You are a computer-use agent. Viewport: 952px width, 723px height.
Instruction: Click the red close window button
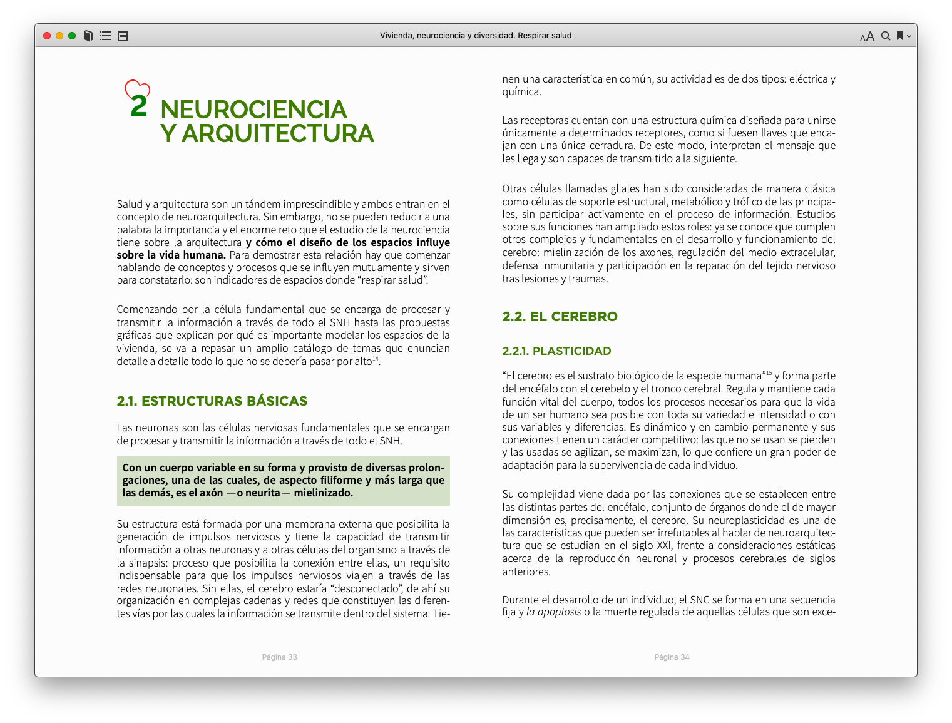tap(47, 36)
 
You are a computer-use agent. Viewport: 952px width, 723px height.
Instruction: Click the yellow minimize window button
tap(59, 36)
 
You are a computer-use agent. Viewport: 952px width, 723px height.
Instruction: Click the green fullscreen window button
tap(72, 36)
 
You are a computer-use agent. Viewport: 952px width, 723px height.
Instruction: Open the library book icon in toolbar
tap(88, 36)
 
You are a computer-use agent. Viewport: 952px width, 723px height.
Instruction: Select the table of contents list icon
tap(106, 36)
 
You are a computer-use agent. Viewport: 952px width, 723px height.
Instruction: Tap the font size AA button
tap(867, 36)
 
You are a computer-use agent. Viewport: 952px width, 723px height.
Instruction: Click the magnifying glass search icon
tap(886, 36)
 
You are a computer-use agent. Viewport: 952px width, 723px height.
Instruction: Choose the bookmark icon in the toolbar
tap(899, 36)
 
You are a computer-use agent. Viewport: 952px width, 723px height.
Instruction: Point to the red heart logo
tap(137, 89)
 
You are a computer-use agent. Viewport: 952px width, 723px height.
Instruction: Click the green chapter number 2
tap(138, 106)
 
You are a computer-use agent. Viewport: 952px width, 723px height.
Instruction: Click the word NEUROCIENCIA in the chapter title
tap(253, 110)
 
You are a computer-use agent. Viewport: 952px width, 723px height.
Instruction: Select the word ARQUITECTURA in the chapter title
tap(277, 133)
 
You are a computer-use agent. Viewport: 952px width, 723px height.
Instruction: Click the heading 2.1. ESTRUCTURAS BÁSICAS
tap(212, 401)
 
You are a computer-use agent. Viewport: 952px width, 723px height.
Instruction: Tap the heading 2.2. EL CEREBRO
tap(560, 317)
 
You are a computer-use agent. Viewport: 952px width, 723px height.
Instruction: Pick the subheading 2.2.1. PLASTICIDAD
tap(556, 351)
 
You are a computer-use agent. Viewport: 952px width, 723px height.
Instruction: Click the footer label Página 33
tap(279, 657)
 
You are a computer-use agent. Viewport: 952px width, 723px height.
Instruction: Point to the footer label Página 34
tap(672, 657)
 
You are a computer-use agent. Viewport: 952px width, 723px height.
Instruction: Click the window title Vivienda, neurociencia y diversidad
tap(476, 36)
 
